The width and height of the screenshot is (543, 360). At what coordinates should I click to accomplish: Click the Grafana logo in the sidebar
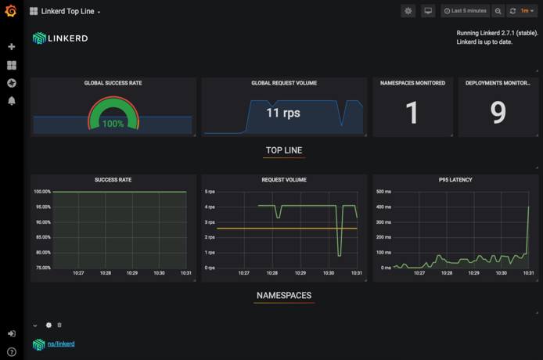(11, 11)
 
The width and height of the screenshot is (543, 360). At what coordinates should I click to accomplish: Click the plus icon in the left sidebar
(11, 47)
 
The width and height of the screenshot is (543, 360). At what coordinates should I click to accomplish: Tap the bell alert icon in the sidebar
(11, 101)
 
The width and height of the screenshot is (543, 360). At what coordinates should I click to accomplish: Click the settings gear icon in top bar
(408, 11)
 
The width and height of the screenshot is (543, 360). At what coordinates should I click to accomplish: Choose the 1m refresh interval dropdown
(526, 11)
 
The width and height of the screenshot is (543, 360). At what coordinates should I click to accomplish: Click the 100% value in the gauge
(113, 124)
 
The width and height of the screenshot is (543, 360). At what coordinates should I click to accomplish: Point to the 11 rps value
(282, 113)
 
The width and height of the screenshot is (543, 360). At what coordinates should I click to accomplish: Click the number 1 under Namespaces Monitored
(412, 113)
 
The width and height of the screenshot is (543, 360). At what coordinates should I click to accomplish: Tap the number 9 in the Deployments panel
(498, 113)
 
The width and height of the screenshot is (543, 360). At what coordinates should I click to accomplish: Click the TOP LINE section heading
(283, 150)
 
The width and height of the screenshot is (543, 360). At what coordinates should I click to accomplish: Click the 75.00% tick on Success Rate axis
(41, 268)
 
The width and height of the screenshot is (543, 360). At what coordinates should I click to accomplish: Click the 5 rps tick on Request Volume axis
(209, 192)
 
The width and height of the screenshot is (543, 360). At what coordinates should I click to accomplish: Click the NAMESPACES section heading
(283, 296)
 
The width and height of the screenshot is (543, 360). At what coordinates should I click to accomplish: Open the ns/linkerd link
(61, 344)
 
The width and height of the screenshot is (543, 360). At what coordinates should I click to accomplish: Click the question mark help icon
(11, 351)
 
